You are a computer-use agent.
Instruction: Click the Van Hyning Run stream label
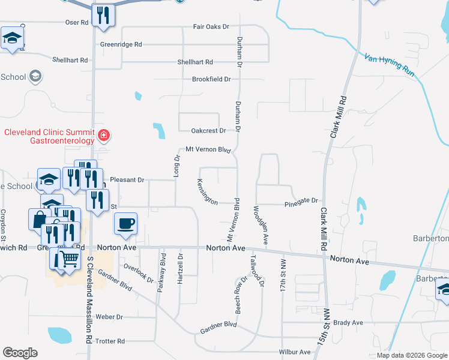389,65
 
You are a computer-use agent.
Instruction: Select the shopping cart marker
70,260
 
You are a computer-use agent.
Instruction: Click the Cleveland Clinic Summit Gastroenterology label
49,136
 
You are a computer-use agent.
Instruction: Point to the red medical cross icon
104,135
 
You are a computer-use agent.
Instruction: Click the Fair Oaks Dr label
211,27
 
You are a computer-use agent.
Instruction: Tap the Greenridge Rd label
121,44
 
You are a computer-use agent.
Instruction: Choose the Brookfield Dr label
211,79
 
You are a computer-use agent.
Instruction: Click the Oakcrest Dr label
208,131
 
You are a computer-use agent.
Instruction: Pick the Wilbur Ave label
293,352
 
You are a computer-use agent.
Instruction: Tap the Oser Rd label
76,22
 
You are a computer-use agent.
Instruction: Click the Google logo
20,353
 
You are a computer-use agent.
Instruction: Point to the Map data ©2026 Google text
411,355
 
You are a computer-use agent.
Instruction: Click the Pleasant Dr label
128,179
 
